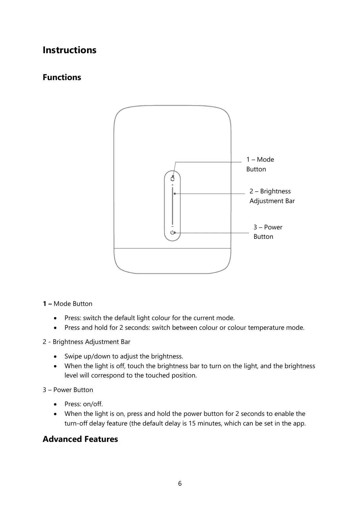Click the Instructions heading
point(69,50)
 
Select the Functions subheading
point(62,77)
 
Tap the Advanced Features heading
point(80,439)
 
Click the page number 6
point(180,484)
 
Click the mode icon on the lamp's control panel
point(172,179)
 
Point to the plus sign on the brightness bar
point(172,185)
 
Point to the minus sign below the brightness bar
point(172,226)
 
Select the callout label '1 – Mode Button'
point(260,164)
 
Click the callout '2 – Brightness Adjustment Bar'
point(272,196)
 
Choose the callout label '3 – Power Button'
point(268,232)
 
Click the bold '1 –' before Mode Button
point(47,304)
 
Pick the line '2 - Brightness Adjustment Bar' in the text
point(86,342)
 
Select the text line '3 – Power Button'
point(68,390)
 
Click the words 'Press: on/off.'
point(83,404)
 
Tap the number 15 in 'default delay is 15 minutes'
point(192,423)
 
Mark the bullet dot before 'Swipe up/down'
point(55,357)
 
